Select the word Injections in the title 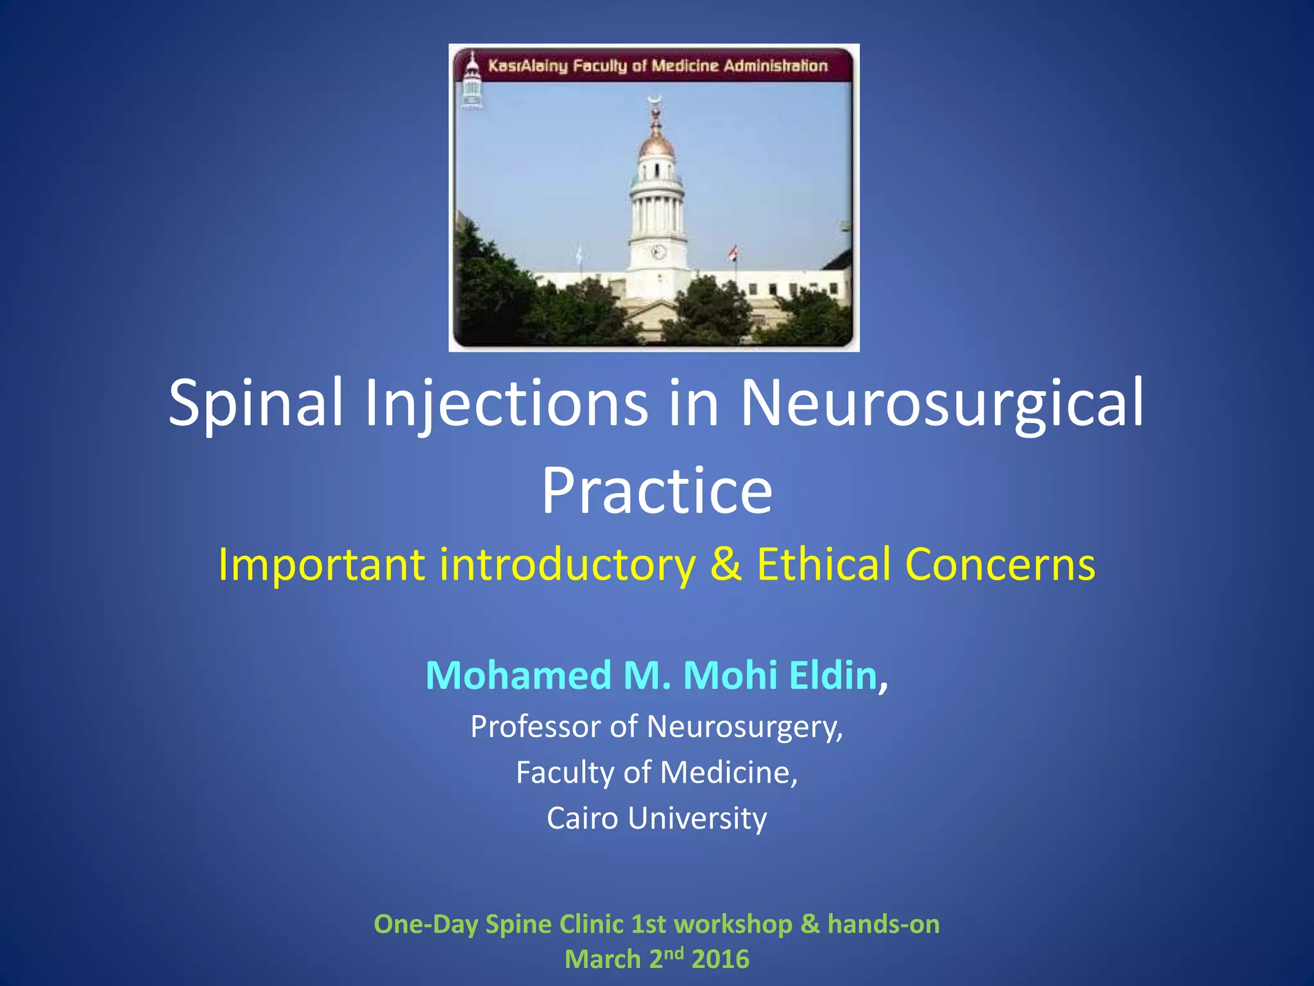coord(506,402)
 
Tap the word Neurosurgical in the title coord(942,402)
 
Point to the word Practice coord(657,491)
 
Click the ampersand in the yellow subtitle coord(726,564)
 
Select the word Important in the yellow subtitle coord(321,564)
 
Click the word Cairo coord(582,818)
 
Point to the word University coord(697,818)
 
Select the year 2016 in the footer coord(721,960)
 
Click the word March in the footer coord(602,960)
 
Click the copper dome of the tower coord(656,145)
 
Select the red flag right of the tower coord(734,253)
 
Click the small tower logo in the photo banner coord(472,80)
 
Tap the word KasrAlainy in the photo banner coord(527,66)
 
